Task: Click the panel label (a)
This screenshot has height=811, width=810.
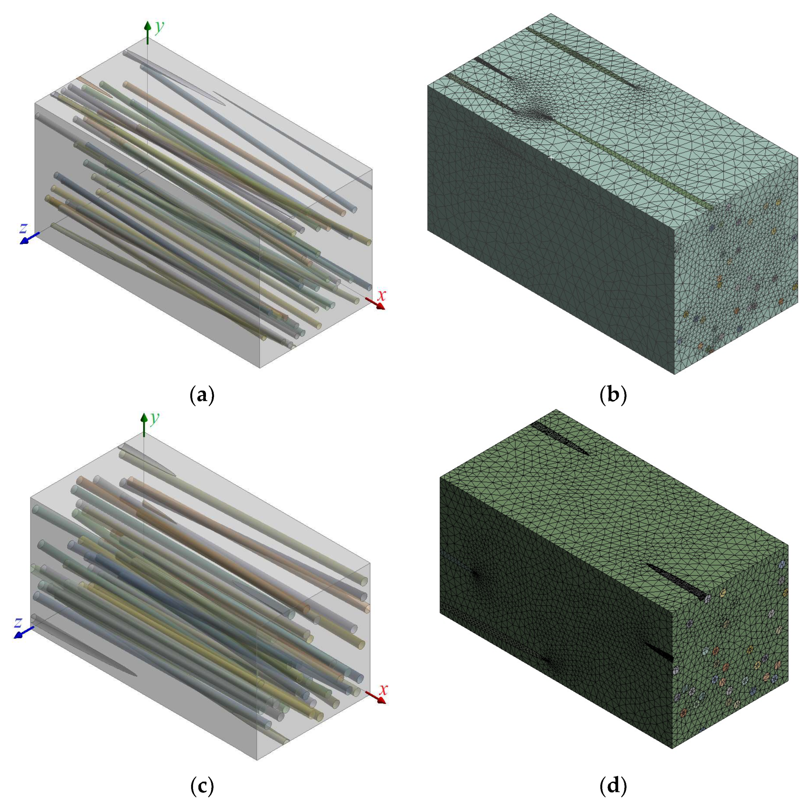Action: coord(202,395)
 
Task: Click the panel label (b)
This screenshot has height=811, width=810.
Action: coord(613,395)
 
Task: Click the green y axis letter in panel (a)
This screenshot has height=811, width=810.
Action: coord(159,27)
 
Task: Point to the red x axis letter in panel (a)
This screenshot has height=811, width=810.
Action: coord(381,296)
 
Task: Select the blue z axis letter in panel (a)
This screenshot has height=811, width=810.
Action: coord(24,228)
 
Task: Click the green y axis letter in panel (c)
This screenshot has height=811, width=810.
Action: coord(155,418)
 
